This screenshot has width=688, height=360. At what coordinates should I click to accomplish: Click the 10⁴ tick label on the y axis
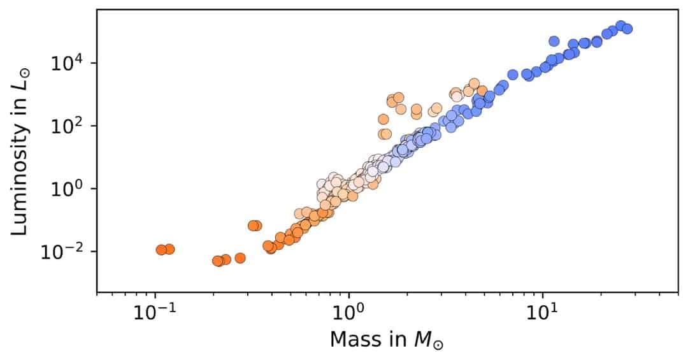(x=70, y=63)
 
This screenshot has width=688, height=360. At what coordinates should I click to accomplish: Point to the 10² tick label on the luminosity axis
(x=70, y=126)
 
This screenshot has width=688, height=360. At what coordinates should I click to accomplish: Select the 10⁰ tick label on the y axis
(x=70, y=189)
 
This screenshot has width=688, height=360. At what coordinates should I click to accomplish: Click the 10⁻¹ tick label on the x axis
(x=154, y=314)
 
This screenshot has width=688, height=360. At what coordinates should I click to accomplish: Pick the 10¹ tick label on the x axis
(x=542, y=314)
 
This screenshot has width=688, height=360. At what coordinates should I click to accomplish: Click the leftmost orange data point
(x=161, y=250)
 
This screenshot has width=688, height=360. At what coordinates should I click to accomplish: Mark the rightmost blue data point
(x=627, y=29)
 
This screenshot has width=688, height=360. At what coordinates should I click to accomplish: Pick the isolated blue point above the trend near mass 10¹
(x=554, y=41)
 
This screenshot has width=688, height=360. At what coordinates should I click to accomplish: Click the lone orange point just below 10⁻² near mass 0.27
(x=240, y=258)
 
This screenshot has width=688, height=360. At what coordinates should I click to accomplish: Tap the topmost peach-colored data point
(x=474, y=83)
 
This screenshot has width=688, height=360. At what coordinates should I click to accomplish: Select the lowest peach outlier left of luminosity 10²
(x=384, y=134)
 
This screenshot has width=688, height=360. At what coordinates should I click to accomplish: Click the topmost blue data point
(x=620, y=25)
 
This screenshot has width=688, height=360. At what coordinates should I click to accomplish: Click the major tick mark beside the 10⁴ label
(x=94, y=63)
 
